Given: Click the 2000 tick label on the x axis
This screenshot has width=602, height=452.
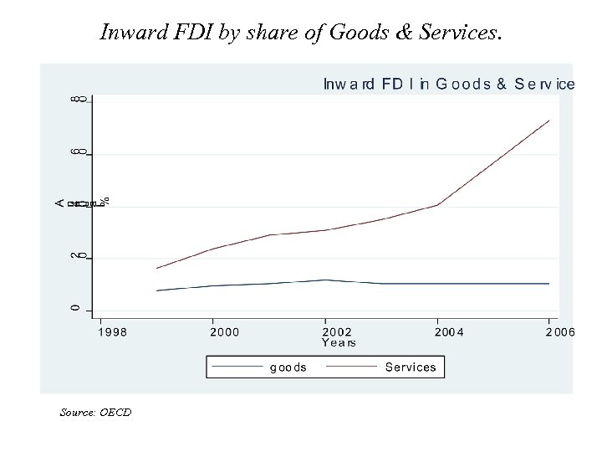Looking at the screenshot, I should (224, 332).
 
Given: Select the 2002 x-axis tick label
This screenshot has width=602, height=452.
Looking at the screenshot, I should (337, 332).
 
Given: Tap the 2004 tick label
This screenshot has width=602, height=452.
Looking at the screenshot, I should (449, 332).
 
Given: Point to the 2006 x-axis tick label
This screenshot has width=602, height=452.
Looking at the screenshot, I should (560, 332).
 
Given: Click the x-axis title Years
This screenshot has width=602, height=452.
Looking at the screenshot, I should (339, 342).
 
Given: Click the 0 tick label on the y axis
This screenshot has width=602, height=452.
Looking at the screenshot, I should (76, 309).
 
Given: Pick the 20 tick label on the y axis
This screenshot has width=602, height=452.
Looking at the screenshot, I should (76, 256).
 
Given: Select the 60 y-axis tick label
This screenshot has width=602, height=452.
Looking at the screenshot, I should (76, 153).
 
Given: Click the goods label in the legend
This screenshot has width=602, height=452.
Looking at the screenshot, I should (288, 367).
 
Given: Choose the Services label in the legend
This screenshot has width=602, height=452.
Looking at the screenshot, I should (411, 367).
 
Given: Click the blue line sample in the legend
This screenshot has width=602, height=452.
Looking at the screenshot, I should (237, 367).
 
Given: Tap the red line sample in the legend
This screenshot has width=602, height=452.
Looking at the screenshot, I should (351, 367).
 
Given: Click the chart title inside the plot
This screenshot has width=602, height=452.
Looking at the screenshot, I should (448, 84).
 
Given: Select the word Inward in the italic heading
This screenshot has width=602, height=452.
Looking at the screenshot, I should (126, 33).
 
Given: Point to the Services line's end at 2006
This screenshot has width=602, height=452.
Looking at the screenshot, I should (549, 121).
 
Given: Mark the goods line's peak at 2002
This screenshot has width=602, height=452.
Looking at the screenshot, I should (325, 280).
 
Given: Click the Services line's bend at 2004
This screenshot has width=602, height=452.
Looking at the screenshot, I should (437, 205).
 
